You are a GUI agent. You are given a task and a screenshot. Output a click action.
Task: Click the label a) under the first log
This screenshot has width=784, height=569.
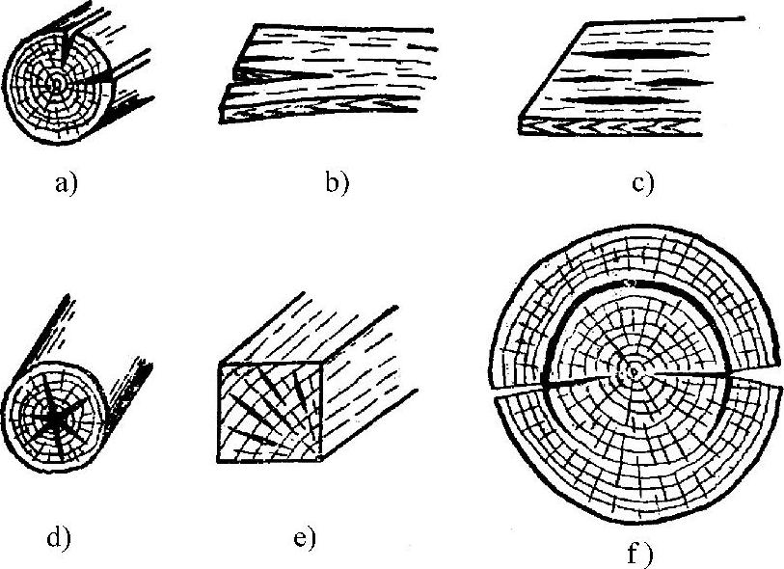click(66, 183)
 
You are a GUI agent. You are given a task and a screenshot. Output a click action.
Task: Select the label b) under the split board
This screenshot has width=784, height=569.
click(337, 183)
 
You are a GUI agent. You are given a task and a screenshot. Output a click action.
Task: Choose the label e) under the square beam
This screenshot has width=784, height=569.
click(304, 538)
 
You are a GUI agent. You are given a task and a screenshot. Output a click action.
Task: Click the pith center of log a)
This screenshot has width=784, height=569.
click(57, 85)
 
